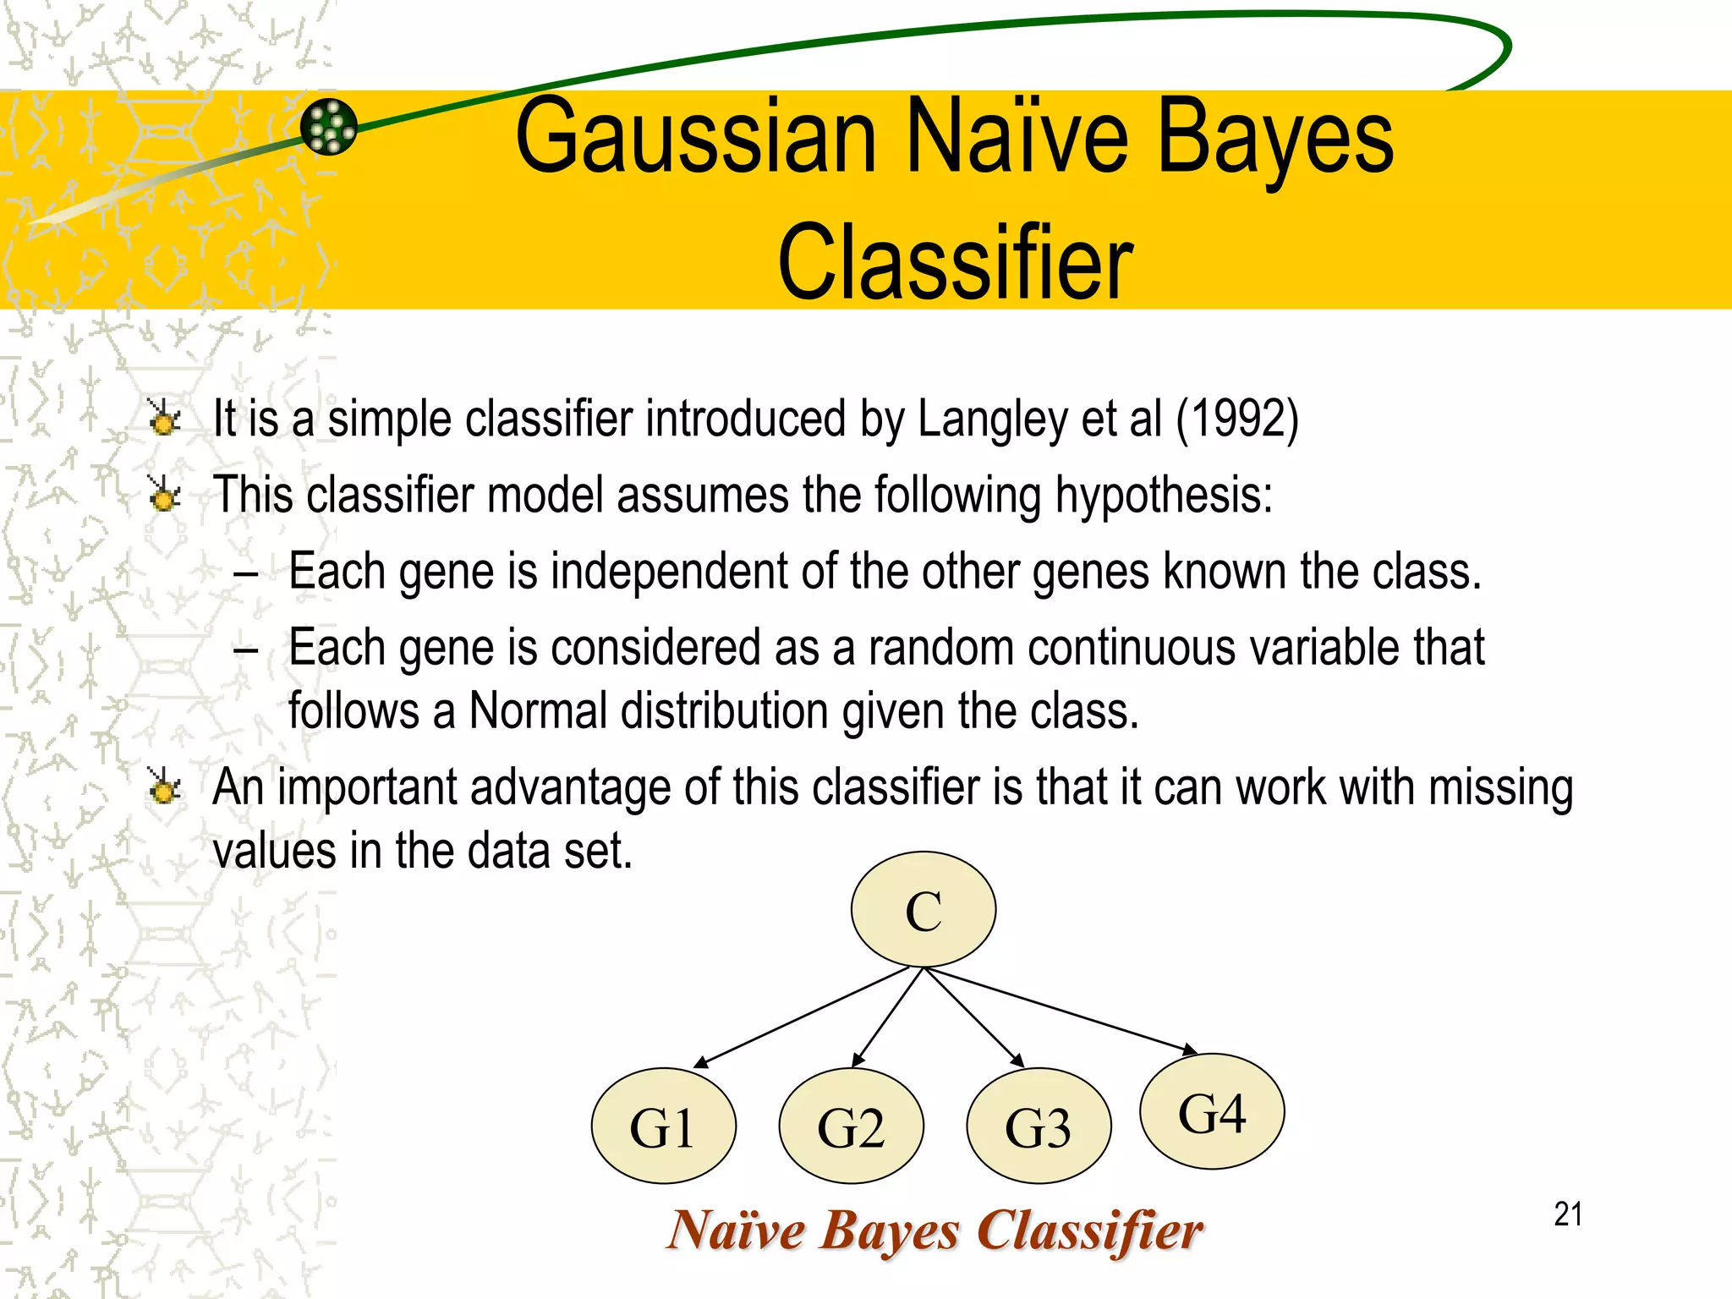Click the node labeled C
click(x=923, y=909)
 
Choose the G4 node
click(x=1212, y=1111)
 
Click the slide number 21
click(x=1568, y=1214)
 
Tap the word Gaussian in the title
click(x=695, y=137)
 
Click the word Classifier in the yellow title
click(x=955, y=262)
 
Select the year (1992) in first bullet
click(x=1236, y=418)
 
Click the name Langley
click(x=992, y=419)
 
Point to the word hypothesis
click(x=1163, y=496)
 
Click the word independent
click(x=670, y=572)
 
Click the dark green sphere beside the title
click(x=329, y=127)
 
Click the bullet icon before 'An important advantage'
click(x=163, y=787)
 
